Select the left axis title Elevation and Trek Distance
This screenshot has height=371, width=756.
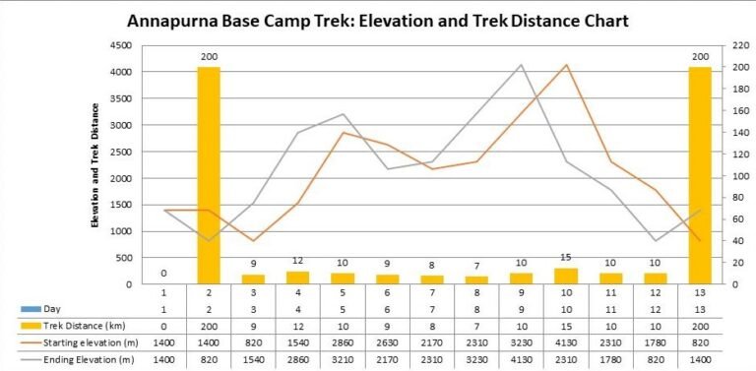click(96, 164)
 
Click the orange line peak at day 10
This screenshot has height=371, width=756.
click(565, 65)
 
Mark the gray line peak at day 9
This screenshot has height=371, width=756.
click(521, 65)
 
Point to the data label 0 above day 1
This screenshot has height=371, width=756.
click(163, 273)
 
